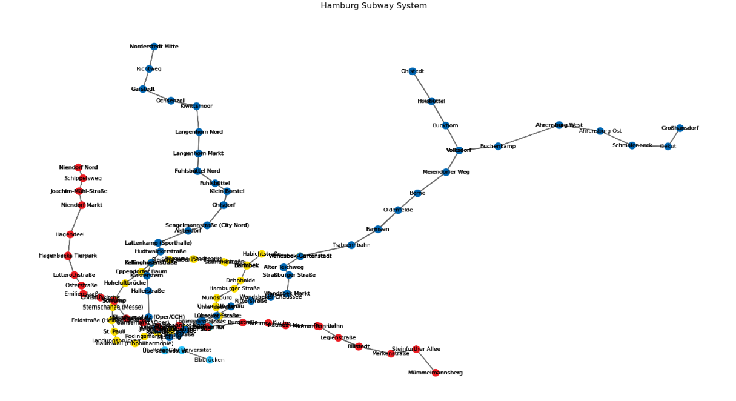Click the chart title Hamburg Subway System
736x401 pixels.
373,6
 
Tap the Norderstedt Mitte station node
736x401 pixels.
154,47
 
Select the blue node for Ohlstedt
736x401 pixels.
413,71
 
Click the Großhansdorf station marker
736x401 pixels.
680,128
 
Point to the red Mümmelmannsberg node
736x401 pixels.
435,373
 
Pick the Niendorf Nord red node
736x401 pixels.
78,167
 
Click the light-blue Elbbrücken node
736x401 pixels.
210,360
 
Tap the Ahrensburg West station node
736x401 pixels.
559,125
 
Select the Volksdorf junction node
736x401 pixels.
459,150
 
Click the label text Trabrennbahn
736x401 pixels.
351,245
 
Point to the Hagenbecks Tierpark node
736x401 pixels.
68,256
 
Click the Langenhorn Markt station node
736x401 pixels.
198,153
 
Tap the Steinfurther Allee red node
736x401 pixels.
416,349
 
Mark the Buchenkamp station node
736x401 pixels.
498,146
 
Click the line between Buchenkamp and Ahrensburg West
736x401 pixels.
529,135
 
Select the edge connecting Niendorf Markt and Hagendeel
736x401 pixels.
76,219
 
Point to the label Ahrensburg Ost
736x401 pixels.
600,131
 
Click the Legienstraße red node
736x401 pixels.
338,337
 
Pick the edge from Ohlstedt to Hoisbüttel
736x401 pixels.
422,86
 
